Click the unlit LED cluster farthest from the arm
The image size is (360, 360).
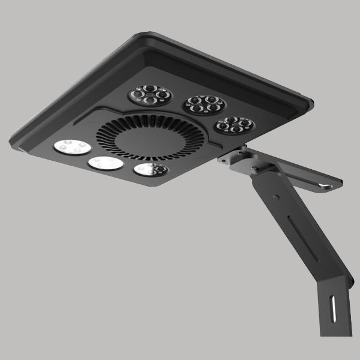click(x=150, y=95)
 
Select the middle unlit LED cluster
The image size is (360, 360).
click(x=204, y=104)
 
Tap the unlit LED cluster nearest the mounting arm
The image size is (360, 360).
click(x=235, y=125)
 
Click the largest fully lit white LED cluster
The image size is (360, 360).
click(x=72, y=147)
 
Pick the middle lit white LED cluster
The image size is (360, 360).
click(x=106, y=163)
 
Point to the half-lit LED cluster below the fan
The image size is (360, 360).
click(x=151, y=170)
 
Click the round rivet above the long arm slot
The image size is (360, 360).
click(x=274, y=196)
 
